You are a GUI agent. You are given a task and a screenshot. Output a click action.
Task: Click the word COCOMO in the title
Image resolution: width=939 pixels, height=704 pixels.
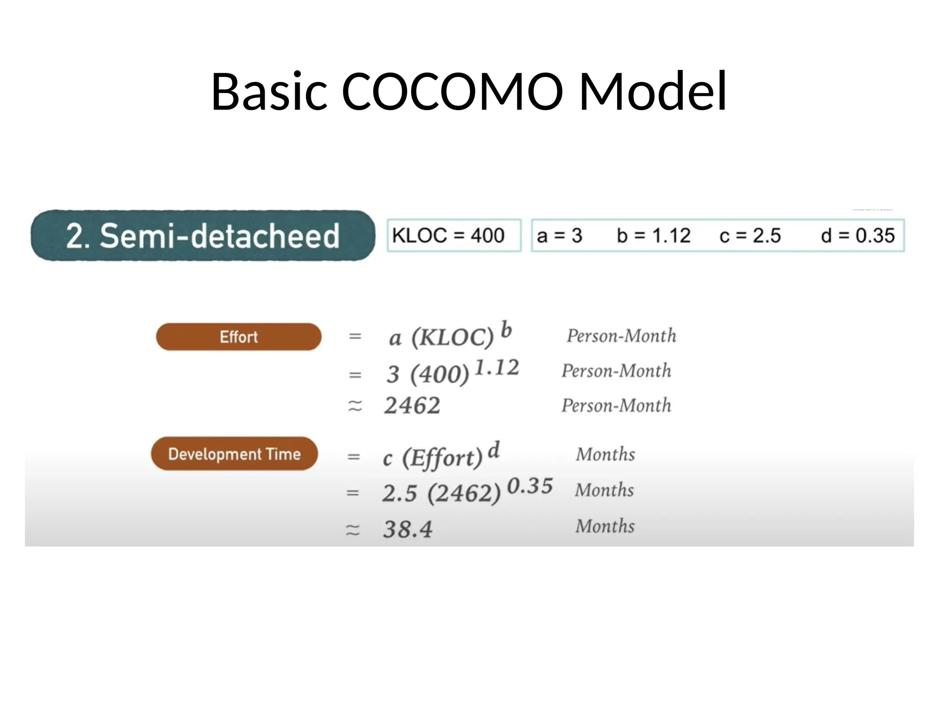click(x=452, y=91)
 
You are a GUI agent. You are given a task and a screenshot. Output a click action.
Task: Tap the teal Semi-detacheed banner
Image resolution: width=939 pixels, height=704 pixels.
click(x=203, y=236)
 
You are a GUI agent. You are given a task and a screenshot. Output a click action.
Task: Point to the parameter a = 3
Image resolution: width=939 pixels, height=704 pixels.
click(x=559, y=236)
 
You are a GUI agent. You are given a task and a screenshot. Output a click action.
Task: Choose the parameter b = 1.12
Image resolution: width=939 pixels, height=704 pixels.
click(x=653, y=236)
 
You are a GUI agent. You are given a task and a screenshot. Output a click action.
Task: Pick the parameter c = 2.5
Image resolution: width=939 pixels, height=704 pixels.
click(x=750, y=236)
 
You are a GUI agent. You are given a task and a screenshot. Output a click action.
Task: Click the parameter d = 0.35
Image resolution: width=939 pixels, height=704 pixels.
click(x=857, y=236)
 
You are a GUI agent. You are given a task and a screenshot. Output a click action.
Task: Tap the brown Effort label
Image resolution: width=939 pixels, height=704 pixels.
click(x=238, y=337)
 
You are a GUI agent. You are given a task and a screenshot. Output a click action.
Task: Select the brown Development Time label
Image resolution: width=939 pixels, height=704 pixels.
click(x=234, y=454)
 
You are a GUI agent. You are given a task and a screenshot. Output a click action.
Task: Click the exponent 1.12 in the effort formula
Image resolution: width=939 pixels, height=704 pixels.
click(x=497, y=368)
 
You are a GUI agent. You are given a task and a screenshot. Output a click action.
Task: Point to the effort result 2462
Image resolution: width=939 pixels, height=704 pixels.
click(x=412, y=406)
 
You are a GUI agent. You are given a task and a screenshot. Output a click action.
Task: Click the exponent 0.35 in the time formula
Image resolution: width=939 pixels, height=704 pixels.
click(x=530, y=486)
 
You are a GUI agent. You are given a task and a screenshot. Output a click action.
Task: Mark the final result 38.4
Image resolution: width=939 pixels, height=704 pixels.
click(x=408, y=529)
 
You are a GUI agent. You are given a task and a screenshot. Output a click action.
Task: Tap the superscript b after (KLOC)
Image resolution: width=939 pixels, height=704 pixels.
click(x=506, y=330)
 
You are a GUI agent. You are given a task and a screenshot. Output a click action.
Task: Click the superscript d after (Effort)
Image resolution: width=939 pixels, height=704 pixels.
click(x=493, y=450)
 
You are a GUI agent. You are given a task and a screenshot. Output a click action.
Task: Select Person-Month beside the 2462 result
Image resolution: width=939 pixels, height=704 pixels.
click(x=616, y=406)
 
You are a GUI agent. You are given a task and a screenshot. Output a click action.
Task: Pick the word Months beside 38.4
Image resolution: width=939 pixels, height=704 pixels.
click(x=605, y=526)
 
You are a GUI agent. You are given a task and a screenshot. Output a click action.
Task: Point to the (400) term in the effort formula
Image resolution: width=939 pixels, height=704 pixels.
click(x=440, y=374)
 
